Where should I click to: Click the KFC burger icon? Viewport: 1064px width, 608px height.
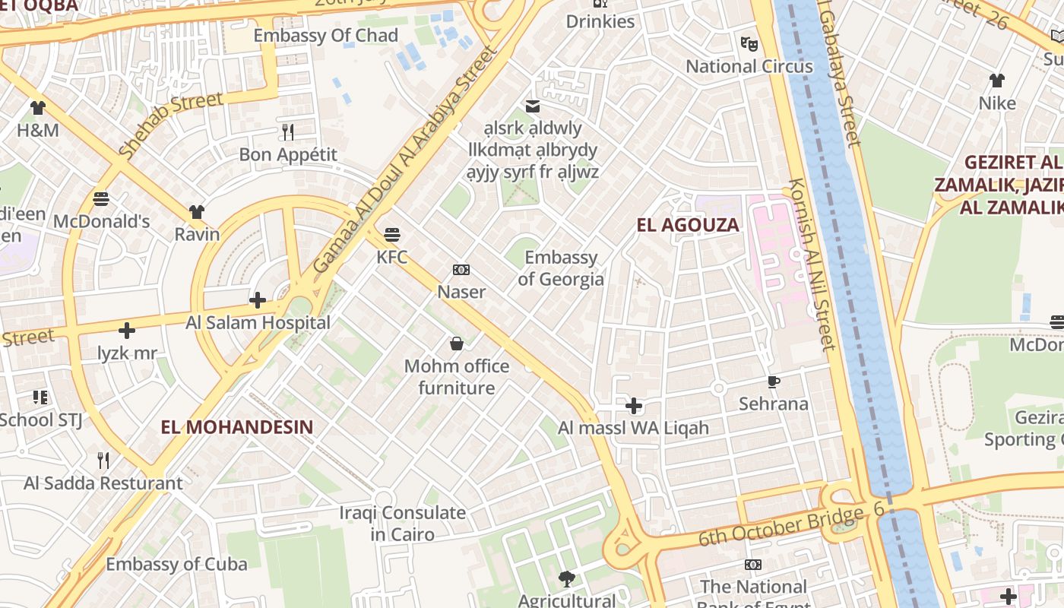click(392, 233)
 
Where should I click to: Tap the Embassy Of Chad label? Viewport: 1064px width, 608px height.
click(325, 36)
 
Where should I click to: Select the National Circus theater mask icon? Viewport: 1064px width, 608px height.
click(749, 43)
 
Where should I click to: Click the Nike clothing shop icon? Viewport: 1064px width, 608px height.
click(997, 80)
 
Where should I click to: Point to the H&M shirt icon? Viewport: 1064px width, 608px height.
click(37, 107)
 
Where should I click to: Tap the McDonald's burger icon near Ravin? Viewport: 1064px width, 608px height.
click(101, 199)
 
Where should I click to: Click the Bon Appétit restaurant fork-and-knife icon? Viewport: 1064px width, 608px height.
click(288, 132)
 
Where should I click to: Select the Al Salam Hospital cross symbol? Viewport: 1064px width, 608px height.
click(258, 300)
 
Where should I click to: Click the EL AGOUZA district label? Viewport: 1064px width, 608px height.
click(688, 225)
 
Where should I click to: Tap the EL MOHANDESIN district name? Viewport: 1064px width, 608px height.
click(237, 427)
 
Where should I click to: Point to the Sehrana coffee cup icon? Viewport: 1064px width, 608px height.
click(774, 381)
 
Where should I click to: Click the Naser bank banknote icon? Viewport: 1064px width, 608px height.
click(461, 270)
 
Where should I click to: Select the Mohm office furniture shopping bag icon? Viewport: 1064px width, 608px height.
click(457, 344)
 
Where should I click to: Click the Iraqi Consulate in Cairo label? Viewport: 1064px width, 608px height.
click(402, 523)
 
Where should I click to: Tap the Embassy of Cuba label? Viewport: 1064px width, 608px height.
click(176, 564)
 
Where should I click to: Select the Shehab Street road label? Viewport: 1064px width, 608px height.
click(171, 125)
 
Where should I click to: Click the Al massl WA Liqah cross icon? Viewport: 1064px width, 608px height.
click(633, 405)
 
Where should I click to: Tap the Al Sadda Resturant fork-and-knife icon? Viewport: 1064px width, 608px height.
click(103, 460)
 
